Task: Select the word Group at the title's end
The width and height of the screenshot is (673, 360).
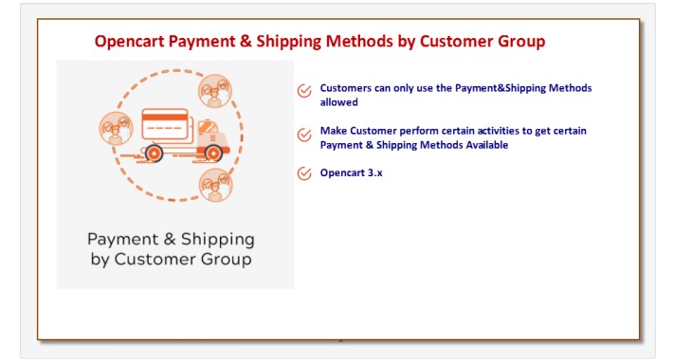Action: [x=519, y=42]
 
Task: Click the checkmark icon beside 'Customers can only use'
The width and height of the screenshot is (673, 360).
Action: [x=304, y=92]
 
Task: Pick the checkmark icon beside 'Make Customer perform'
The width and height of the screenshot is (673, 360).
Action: [x=304, y=135]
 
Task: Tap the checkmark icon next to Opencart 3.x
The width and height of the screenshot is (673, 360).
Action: [x=304, y=173]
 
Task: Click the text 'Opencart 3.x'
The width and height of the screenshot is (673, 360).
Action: [x=351, y=173]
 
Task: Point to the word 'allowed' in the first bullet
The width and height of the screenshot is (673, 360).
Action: [x=338, y=101]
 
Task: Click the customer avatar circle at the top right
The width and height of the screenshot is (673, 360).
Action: [x=213, y=91]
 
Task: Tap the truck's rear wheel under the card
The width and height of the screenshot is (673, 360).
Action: [x=155, y=153]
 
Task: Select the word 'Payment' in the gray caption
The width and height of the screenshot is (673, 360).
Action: [x=122, y=239]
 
